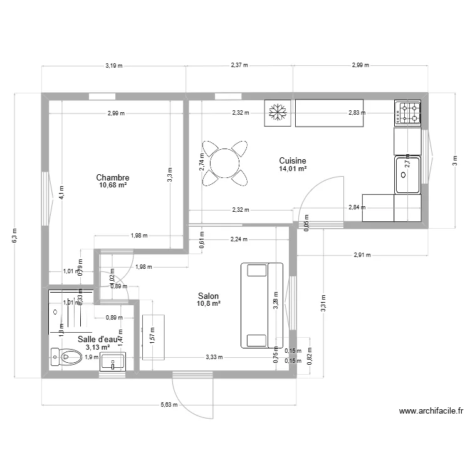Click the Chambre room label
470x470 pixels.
tap(113, 177)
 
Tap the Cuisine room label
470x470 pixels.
tap(293, 160)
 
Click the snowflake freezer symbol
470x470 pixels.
tap(277, 113)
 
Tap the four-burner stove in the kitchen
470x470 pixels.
tap(408, 113)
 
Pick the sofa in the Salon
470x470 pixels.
tap(261, 305)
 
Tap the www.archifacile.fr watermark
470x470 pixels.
tap(431, 412)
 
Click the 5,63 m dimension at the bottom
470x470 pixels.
tap(169, 404)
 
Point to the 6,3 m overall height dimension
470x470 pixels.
tap(15, 236)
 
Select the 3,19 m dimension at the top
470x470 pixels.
tap(113, 65)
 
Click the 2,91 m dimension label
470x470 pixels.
tap(362, 255)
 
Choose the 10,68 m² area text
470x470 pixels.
tap(113, 185)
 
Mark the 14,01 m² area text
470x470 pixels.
tap(293, 169)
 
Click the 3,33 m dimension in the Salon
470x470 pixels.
tap(214, 357)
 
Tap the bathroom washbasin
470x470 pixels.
tap(113, 362)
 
